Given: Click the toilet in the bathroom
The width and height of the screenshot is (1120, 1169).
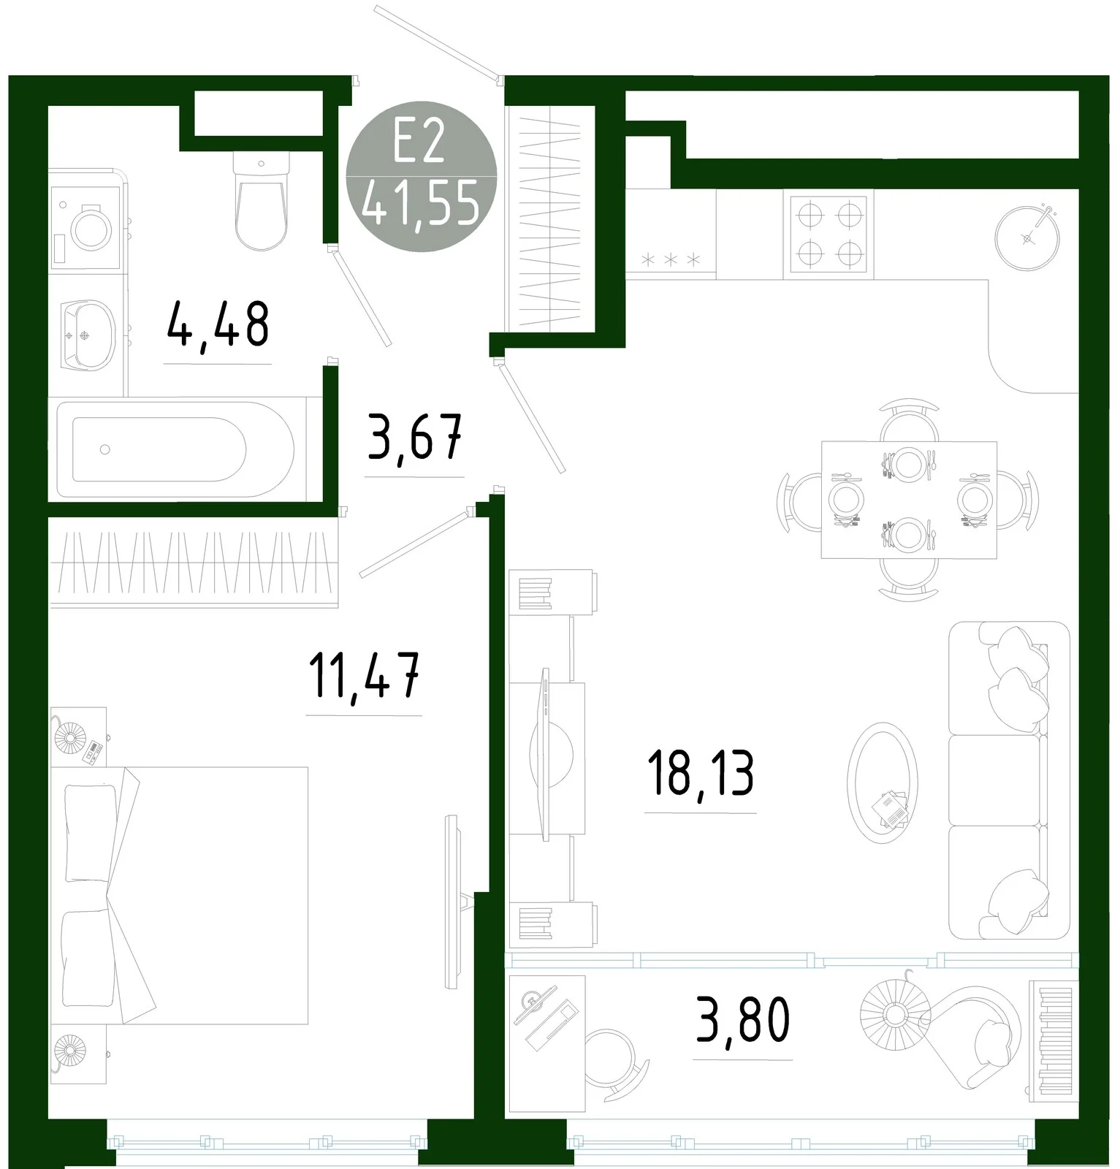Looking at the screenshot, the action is coord(260,201).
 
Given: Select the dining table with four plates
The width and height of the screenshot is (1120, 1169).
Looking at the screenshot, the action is coord(909,500).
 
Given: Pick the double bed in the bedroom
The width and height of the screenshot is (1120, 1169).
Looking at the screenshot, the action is coord(179,896).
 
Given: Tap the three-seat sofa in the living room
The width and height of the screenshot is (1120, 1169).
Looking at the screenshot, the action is coord(1009,780).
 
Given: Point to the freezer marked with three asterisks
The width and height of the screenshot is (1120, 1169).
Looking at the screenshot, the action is coord(671,234).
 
